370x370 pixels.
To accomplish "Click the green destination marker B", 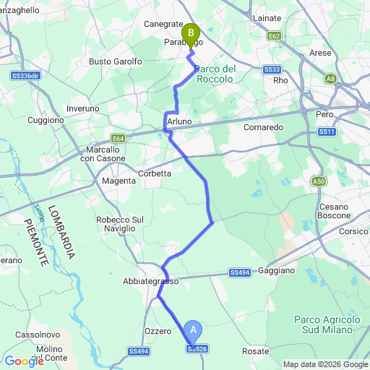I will [191, 33].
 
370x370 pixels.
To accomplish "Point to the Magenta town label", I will [119, 181].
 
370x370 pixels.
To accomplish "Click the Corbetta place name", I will [155, 173].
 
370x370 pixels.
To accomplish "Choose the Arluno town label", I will [179, 122].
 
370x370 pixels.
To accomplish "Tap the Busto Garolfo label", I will [116, 62].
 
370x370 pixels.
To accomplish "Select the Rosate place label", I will [256, 350].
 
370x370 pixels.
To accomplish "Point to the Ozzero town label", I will [158, 330].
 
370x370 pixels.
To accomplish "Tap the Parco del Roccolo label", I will [215, 73].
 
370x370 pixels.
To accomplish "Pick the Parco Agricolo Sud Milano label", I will [327, 324].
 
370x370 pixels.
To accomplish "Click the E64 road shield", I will [119, 137].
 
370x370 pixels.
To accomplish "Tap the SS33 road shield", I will [272, 69].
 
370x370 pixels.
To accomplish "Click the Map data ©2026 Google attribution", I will [325, 364].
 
